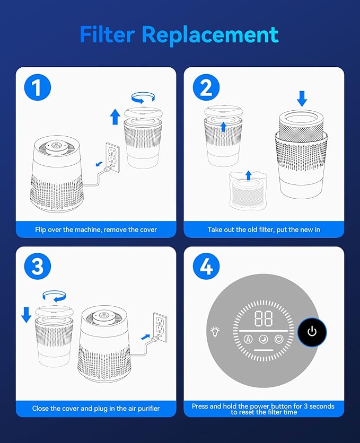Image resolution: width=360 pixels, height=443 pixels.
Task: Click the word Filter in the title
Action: [107, 34]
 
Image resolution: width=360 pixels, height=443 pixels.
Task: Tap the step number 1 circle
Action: [38, 87]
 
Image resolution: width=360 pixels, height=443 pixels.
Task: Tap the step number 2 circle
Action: [206, 87]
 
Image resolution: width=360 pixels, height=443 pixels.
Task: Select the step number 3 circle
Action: [38, 267]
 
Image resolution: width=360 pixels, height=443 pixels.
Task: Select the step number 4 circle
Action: [206, 267]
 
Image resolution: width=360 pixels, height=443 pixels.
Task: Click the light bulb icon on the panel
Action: [216, 331]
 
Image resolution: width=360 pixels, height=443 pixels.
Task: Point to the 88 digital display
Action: [264, 318]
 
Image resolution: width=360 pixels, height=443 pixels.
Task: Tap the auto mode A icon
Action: [248, 339]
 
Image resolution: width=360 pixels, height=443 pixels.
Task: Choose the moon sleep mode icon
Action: [264, 339]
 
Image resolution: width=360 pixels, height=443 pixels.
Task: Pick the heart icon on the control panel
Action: [279, 339]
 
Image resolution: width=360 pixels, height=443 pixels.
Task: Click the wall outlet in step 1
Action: [113, 157]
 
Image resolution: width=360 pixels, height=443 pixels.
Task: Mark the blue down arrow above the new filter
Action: [302, 99]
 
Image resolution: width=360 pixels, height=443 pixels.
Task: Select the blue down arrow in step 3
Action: [27, 315]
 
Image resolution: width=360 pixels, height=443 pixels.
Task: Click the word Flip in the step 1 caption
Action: [40, 229]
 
